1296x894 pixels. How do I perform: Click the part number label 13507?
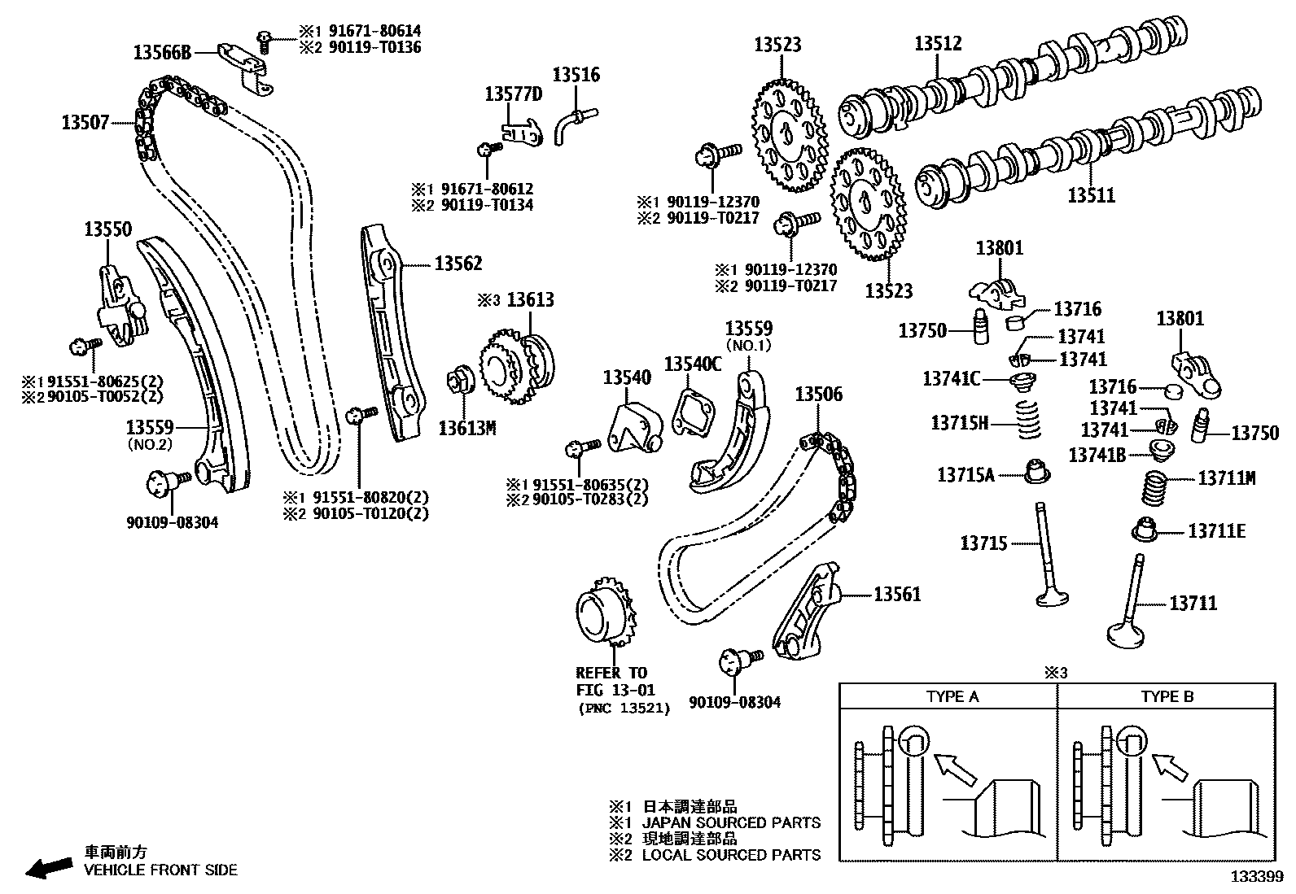[x=85, y=124]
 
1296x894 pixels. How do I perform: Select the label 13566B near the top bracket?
[x=162, y=53]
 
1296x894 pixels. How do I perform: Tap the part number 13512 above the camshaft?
[x=938, y=44]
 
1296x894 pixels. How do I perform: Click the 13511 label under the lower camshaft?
[x=1091, y=195]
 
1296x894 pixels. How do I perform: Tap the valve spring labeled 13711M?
[x=1157, y=488]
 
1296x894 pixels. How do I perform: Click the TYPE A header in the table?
[x=952, y=696]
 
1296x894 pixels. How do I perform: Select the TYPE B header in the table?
[x=1167, y=696]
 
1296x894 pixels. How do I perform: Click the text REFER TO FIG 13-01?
[x=611, y=682]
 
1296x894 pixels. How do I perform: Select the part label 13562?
[x=458, y=264]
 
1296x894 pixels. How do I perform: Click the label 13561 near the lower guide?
[x=896, y=595]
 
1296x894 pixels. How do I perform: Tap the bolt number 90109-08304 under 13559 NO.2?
[x=172, y=522]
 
